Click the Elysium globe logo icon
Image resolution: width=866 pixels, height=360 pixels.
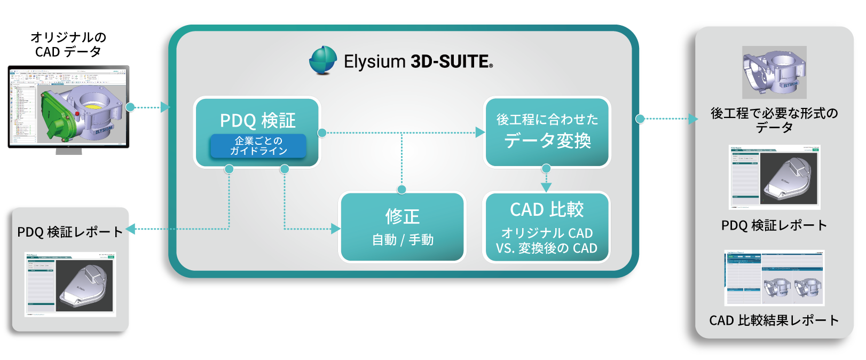(323, 60)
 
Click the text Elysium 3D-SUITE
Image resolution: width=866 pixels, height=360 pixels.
(418, 61)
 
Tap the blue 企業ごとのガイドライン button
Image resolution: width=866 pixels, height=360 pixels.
(258, 146)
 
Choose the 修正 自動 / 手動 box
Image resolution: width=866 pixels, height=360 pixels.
(403, 227)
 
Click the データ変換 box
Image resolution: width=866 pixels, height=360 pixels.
(547, 132)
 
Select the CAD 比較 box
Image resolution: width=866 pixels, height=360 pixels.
(547, 227)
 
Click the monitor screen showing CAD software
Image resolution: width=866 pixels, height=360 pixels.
(68, 106)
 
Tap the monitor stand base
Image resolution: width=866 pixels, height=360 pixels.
(69, 152)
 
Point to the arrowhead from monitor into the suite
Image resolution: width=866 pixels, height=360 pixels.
(166, 107)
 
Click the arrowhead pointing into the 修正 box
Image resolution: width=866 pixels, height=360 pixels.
(336, 229)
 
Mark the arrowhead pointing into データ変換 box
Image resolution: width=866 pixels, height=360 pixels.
(480, 132)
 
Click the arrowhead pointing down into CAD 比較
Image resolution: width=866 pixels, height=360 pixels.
(546, 187)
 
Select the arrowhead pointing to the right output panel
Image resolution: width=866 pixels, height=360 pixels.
(693, 119)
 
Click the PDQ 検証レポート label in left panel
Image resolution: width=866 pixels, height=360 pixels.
(70, 232)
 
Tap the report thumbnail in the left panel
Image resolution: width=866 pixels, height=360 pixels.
(70, 284)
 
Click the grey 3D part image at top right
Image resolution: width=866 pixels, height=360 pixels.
(774, 72)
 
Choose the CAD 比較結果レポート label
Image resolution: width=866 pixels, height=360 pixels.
(774, 320)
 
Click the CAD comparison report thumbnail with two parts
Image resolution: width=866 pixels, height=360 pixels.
(774, 278)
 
